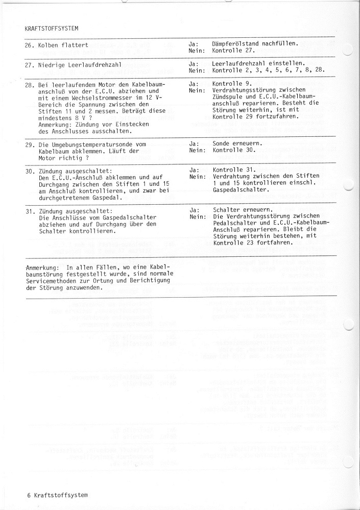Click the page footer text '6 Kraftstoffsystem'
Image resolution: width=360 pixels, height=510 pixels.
[x=57, y=495]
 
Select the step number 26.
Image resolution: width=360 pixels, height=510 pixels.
[x=29, y=45]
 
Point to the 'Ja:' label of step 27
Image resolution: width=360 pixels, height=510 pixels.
[x=194, y=65]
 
